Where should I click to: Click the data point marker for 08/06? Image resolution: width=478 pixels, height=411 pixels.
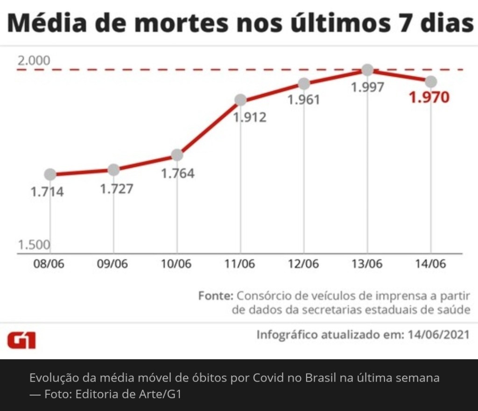tap(50, 174)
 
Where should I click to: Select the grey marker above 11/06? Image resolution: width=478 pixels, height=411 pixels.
tap(240, 99)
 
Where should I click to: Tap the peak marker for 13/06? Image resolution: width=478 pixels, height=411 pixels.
tap(367, 70)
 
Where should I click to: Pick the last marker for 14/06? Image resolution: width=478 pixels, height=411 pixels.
tap(431, 82)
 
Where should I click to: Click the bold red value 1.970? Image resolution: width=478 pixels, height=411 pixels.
tap(429, 98)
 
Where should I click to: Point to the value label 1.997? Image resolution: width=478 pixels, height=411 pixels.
tap(367, 87)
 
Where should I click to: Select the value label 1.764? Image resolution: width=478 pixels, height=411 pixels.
tap(177, 173)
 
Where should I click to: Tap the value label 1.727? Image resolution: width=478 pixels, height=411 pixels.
tap(117, 189)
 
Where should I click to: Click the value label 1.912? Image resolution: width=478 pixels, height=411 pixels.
tap(250, 117)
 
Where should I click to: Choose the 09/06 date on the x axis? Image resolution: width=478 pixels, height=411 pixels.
tap(112, 264)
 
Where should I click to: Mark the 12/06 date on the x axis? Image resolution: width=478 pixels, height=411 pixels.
tap(303, 264)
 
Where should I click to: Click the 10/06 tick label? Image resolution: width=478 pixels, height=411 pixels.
tap(176, 264)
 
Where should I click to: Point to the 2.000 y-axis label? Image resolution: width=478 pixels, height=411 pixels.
tap(34, 61)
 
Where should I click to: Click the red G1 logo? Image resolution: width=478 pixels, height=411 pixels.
tap(21, 341)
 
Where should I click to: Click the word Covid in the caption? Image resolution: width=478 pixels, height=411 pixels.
tap(268, 378)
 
